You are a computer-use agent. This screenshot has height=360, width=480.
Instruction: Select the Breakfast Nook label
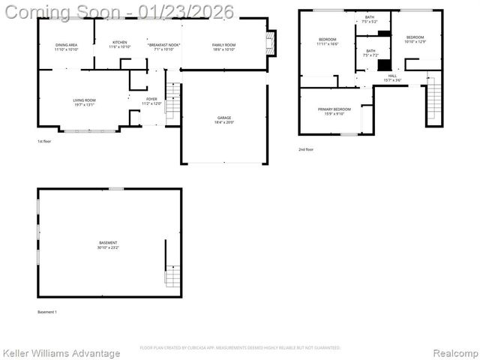click(x=163, y=47)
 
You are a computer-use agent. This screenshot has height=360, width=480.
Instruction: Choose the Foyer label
click(x=152, y=101)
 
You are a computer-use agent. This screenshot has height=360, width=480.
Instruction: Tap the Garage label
click(x=224, y=120)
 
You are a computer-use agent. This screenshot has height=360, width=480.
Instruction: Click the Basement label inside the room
click(x=108, y=245)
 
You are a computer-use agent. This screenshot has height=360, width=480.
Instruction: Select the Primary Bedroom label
click(x=333, y=112)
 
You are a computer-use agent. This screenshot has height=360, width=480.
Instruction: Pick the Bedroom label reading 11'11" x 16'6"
click(x=328, y=41)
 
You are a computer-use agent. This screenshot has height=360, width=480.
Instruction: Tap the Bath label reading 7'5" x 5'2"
click(x=370, y=19)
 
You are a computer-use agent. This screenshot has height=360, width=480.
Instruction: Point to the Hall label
click(x=392, y=77)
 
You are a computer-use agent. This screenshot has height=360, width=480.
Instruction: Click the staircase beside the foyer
click(x=172, y=101)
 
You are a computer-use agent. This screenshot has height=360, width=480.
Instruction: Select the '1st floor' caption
click(x=44, y=141)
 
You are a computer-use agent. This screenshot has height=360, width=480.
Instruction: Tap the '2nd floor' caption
click(x=305, y=149)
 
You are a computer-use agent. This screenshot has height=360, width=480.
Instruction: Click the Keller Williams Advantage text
click(x=61, y=353)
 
